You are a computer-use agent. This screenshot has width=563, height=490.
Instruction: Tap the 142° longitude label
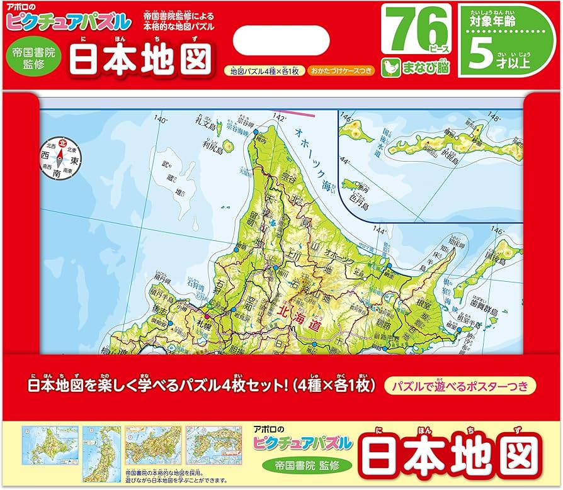(280, 118)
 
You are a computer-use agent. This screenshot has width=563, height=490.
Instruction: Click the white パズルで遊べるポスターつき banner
(460, 383)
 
